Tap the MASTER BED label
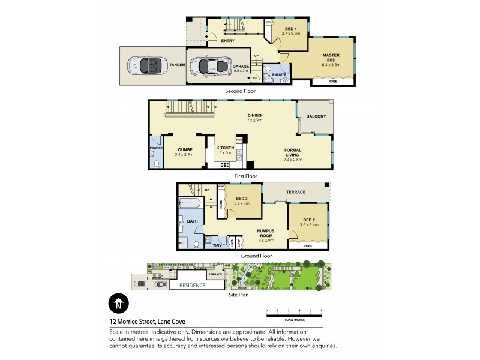[x=331, y=58]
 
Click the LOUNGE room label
[x=183, y=149]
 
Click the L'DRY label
[x=215, y=245]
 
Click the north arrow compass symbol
[x=118, y=304]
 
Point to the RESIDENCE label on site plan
[x=191, y=285]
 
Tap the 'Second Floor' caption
[x=240, y=91]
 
